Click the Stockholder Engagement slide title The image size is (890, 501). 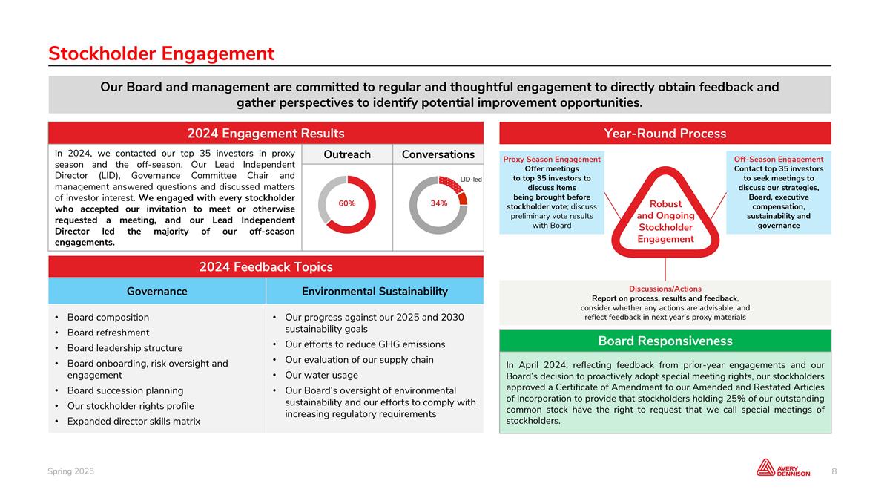161,53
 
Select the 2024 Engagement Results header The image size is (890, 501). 266,134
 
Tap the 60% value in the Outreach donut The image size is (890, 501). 347,203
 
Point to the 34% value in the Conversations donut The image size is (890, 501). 438,203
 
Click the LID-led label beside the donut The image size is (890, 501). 471,180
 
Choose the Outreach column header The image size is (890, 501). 347,154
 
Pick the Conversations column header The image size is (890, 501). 438,154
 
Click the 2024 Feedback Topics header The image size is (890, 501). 266,267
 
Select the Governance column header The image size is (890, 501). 156,292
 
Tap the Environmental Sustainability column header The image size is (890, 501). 375,292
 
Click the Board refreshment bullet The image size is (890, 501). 108,333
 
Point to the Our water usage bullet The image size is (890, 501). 321,375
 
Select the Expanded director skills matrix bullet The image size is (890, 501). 133,422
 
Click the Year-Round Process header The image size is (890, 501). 665,134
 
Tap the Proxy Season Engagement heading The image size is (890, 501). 552,160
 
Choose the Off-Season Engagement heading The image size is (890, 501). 779,160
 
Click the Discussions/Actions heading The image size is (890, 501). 665,289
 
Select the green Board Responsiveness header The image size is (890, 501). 665,341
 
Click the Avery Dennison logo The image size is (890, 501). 783,468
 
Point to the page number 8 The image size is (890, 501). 834,471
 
